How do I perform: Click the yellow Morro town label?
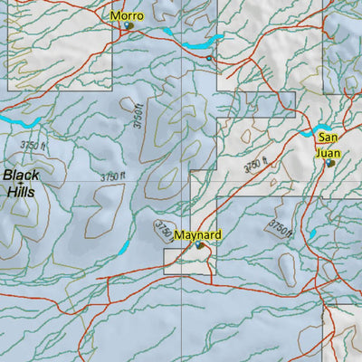(x=127, y=15)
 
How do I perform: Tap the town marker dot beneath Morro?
(x=129, y=25)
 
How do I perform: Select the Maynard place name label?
(x=197, y=234)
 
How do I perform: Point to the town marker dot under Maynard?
(x=199, y=244)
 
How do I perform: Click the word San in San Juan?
(x=327, y=138)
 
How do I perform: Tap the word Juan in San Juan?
(x=327, y=152)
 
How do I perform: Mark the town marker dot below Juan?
(x=330, y=163)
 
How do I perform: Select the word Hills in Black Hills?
(x=23, y=192)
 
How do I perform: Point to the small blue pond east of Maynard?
(x=311, y=234)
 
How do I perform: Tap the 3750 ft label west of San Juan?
(x=257, y=164)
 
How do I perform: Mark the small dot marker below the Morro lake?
(x=209, y=58)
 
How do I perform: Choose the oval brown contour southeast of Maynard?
(x=289, y=266)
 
